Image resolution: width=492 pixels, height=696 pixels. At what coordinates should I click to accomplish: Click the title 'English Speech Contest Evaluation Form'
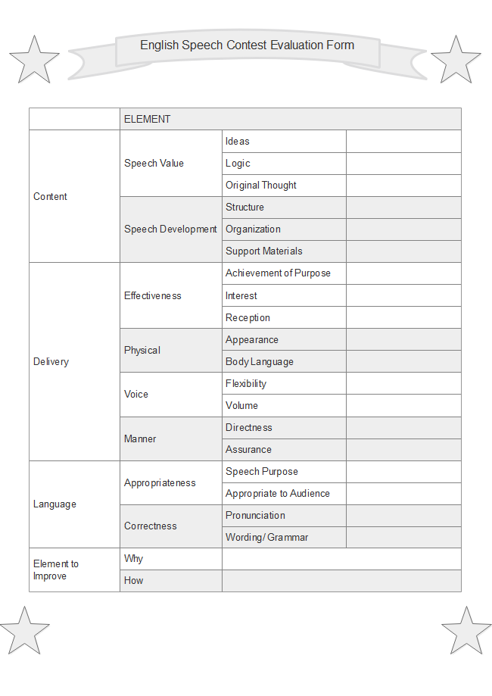coord(247,45)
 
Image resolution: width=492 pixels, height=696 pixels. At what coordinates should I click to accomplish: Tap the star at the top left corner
coord(34,59)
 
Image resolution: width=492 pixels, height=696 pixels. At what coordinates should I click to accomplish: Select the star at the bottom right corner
coord(466,630)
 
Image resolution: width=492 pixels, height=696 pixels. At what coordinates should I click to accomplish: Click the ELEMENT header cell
coord(148,119)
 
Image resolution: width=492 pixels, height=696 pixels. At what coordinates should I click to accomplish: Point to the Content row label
coord(51,196)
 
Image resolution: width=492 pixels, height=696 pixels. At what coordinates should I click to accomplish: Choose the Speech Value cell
coord(154,163)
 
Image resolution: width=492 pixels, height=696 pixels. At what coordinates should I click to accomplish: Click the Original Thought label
coord(261,185)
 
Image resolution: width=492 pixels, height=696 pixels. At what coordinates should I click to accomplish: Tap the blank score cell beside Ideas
coord(403,141)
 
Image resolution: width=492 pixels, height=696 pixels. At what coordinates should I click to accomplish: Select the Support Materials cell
coord(264,251)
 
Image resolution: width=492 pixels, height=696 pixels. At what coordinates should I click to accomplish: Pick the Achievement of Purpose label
coord(278,273)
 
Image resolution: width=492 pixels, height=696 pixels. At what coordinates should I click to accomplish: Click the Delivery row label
coord(51,361)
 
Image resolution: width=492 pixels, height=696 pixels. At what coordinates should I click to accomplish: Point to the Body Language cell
coord(260,361)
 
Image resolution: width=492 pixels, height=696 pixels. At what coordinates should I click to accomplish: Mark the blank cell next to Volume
coord(403,405)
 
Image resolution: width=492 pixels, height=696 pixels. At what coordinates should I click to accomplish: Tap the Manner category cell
coord(141,439)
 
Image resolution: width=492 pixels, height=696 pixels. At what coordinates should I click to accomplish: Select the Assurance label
coord(248,449)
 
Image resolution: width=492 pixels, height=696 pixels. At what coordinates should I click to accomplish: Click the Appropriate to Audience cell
coord(278,493)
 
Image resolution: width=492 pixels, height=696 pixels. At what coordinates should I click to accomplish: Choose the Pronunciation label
coord(255,515)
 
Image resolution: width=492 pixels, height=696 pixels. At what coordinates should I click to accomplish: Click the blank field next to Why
coord(341,559)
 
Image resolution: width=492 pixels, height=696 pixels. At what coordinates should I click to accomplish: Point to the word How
coord(134,580)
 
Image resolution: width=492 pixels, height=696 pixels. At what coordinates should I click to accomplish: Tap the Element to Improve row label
coord(56,570)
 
